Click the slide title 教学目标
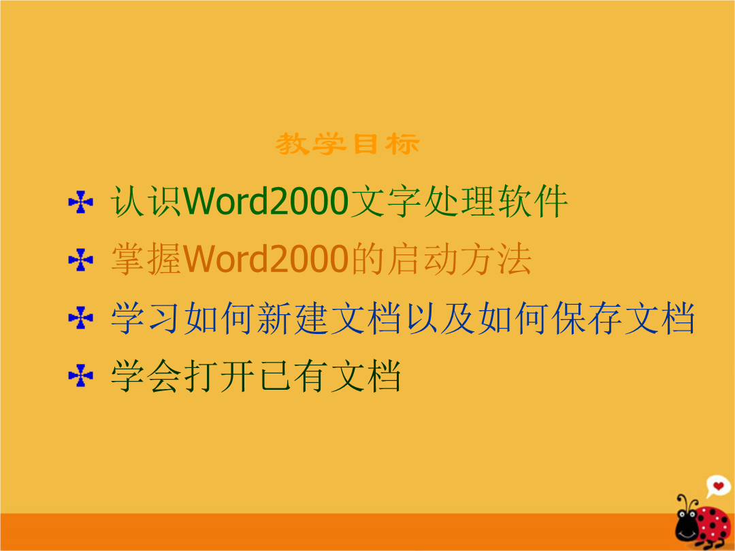(x=347, y=144)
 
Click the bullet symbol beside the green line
(x=80, y=202)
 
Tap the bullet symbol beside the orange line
(x=80, y=260)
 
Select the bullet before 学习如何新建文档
(x=80, y=318)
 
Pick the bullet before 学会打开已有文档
(x=80, y=375)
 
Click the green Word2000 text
(x=266, y=201)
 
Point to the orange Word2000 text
(x=266, y=259)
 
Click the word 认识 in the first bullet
(x=146, y=201)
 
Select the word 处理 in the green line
(x=459, y=201)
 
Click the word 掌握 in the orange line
(x=146, y=259)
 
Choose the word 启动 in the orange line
(x=423, y=259)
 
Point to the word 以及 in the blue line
(x=440, y=318)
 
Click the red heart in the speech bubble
(x=718, y=486)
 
